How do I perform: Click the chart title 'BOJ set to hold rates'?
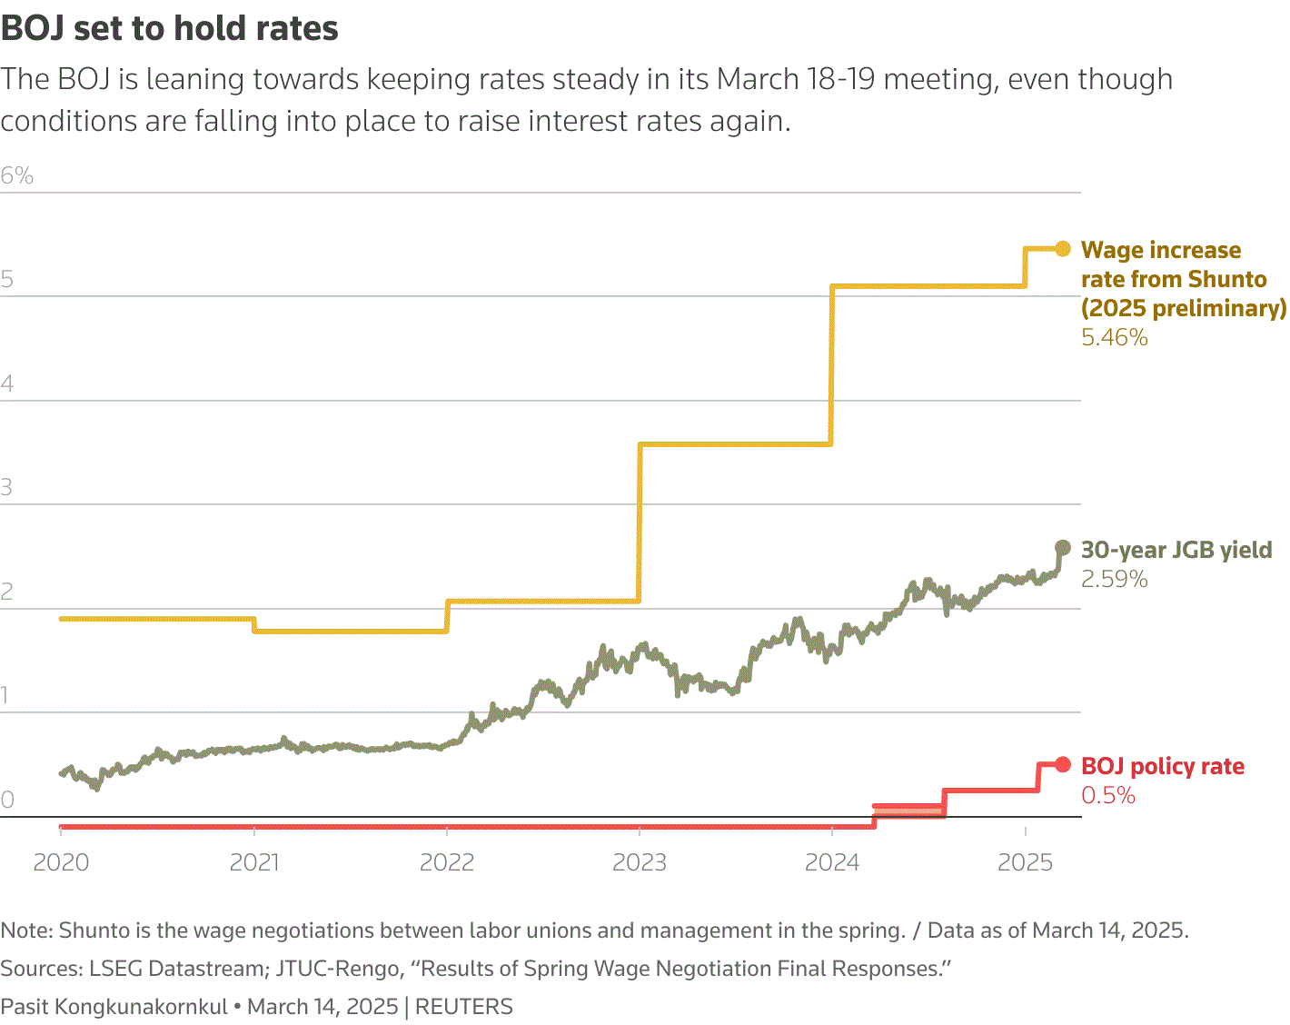(x=170, y=29)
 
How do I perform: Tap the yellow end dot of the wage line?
(x=1063, y=249)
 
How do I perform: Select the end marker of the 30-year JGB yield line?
(x=1063, y=548)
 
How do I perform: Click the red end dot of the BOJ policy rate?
(x=1063, y=765)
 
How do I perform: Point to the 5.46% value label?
(x=1115, y=338)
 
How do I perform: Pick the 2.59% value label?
(x=1115, y=580)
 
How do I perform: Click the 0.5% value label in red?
(x=1108, y=796)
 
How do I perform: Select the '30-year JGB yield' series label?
(x=1176, y=550)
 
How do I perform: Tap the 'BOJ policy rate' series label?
(x=1163, y=767)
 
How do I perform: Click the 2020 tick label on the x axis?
(x=61, y=862)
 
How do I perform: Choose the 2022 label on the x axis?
(x=447, y=862)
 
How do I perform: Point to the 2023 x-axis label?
(x=640, y=862)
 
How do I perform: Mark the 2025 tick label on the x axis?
(x=1025, y=862)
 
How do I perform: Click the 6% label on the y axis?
(x=17, y=176)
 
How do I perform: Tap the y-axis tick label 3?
(x=7, y=488)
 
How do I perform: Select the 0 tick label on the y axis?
(x=7, y=801)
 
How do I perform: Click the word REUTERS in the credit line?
(x=464, y=1007)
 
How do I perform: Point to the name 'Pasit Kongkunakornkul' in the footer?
(x=114, y=1007)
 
